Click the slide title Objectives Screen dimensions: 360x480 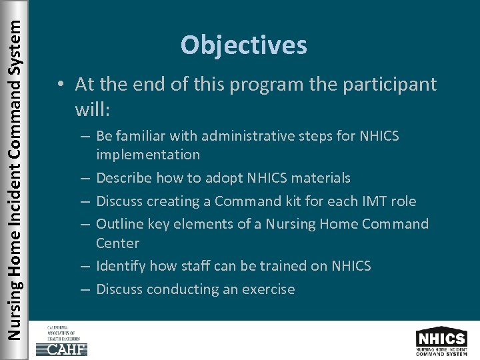[243, 45]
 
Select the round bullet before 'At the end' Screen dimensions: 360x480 [61, 85]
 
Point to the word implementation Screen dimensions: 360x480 [147, 155]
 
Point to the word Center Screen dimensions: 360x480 [117, 243]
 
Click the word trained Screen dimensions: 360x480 [284, 266]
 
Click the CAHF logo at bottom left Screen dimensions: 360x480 [66, 341]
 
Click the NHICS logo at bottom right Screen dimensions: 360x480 [441, 341]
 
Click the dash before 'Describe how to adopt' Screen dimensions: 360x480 [87, 178]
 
